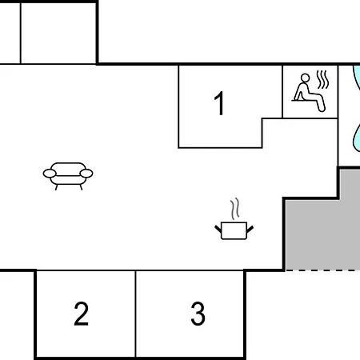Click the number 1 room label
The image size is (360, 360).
pos(219,103)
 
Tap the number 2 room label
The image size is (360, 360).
pos(81,314)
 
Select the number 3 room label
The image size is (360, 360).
pos(198,314)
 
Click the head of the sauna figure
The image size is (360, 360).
pos(305,78)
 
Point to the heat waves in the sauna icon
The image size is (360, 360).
pos(322,79)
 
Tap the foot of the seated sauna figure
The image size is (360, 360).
pos(322,109)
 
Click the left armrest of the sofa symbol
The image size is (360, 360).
pos(50,174)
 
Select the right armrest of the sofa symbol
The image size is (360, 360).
pos(86,174)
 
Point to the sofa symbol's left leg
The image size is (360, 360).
pos(56,187)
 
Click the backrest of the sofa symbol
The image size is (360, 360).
pos(68,166)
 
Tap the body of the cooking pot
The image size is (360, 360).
pos(234,230)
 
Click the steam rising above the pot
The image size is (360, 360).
pos(234,209)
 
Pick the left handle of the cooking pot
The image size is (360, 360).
pos(218,229)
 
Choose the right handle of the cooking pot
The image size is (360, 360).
pos(250,229)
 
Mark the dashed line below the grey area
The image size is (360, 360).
pos(322,270)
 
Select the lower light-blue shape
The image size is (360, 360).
pos(356,138)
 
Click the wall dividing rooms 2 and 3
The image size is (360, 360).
pos(135,314)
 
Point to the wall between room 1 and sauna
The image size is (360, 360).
pos(282,92)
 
